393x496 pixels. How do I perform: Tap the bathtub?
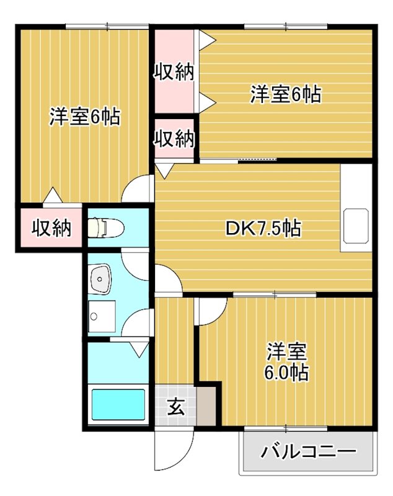[118, 404]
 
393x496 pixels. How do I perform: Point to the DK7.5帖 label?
[263, 229]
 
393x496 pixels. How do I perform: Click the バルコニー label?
[308, 451]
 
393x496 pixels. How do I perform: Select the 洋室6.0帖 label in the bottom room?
[288, 362]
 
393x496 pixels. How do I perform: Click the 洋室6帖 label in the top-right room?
[285, 95]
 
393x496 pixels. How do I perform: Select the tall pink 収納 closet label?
[174, 72]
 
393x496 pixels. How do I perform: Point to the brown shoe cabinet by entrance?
[207, 404]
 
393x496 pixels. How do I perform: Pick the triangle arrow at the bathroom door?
[138, 349]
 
